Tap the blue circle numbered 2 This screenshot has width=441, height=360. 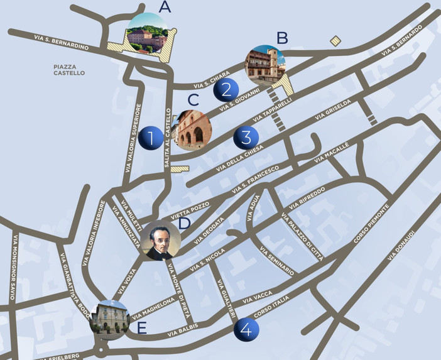pos(225,90)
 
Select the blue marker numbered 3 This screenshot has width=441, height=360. pos(246,137)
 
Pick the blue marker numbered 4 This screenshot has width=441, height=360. pos(246,329)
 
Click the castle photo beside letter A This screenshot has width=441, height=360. pos(147,33)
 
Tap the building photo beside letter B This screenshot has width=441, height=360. pos(264,65)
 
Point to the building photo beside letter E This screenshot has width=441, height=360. pos(111,320)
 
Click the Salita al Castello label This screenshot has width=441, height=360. pos(168,137)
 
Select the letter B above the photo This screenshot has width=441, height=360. pos(282,38)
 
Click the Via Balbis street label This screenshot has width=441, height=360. pos(183,327)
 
